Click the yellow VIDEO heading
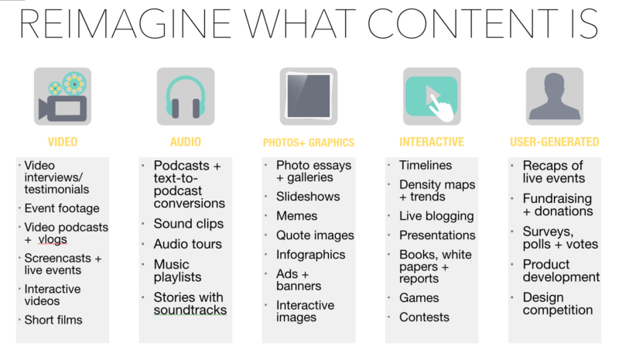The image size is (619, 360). tap(63, 142)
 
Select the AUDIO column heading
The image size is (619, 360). tap(185, 142)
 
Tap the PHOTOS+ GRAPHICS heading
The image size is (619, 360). tap(308, 142)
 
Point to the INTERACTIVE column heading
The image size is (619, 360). tap(431, 142)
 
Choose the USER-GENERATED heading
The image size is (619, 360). tap(554, 142)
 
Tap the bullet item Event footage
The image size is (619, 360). tap(62, 207)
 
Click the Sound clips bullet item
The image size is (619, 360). tap(188, 224)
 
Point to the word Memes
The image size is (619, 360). tap(297, 216)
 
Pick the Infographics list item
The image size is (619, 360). tap(311, 254)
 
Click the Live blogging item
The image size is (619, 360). tap(436, 216)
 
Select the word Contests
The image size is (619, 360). tap(424, 317)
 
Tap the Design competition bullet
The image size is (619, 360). tap(557, 303)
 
